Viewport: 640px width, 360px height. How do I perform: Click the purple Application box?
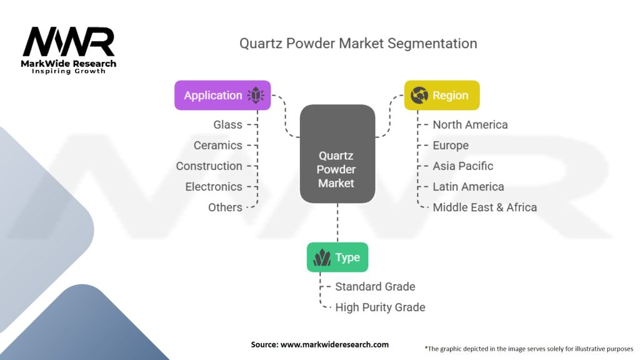point(222,95)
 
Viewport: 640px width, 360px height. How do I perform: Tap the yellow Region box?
point(442,95)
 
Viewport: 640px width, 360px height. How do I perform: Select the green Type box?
point(337,257)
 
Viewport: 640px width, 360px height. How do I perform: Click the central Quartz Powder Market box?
point(337,154)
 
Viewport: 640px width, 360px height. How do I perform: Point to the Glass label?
point(227,124)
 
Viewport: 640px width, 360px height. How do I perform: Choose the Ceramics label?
point(218,145)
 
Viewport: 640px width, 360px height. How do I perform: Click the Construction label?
point(209,166)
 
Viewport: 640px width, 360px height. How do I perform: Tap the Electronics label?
point(214,186)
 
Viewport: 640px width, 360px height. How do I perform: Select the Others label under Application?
point(225,207)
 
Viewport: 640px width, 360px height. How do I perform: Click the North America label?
point(470,124)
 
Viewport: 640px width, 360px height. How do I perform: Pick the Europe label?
point(451,145)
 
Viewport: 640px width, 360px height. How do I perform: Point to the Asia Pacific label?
point(463,166)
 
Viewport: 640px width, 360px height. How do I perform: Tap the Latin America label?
point(468,186)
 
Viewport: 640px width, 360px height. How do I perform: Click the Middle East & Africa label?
point(485,207)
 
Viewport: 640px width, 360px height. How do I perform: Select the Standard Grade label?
point(375,286)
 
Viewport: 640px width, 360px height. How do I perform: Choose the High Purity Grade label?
point(380,307)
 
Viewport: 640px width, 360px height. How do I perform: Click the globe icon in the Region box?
point(419,95)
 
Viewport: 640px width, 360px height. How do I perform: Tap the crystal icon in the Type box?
point(322,257)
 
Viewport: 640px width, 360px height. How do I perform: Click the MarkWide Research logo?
point(69,50)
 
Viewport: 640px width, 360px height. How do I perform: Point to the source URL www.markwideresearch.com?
point(334,344)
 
